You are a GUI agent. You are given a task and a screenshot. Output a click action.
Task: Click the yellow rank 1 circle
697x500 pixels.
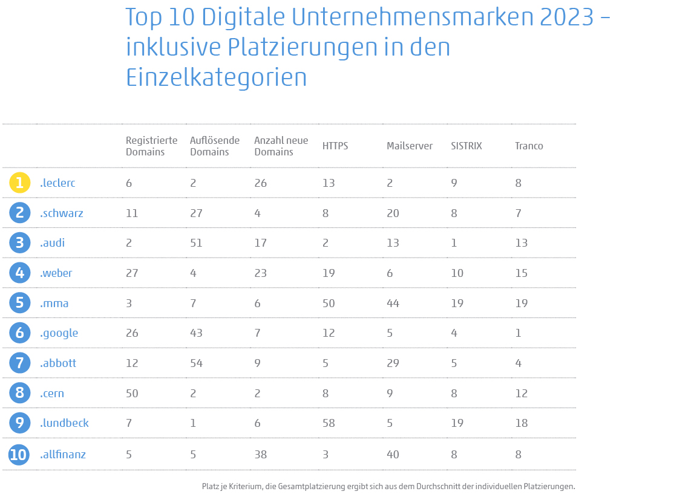tap(19, 183)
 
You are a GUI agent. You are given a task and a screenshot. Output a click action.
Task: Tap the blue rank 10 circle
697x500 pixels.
tap(19, 454)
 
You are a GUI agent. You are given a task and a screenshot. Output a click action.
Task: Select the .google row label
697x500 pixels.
tap(59, 333)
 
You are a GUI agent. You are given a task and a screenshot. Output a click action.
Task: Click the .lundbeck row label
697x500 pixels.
tap(64, 423)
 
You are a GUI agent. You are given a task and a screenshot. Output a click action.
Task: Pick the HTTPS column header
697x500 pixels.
tap(335, 146)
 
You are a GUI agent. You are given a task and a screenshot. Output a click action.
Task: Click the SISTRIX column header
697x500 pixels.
tap(466, 146)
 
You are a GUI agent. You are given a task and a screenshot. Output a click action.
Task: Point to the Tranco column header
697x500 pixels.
tap(529, 146)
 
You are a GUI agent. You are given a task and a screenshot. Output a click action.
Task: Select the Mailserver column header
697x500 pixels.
tap(409, 146)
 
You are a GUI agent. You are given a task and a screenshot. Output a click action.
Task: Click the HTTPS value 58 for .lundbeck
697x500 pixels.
tap(329, 423)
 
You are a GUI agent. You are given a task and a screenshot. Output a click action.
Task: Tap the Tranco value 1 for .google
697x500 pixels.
tap(518, 333)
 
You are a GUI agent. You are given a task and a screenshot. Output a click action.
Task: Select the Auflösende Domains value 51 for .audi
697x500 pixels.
tap(196, 243)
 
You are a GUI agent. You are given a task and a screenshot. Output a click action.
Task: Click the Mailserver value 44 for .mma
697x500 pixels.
tap(393, 303)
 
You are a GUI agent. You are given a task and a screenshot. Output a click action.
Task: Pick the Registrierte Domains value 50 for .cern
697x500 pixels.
tap(132, 394)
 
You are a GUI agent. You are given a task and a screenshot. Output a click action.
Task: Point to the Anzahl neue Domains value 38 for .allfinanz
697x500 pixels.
tap(260, 454)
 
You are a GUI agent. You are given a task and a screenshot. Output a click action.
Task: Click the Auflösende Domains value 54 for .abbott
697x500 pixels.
tap(196, 363)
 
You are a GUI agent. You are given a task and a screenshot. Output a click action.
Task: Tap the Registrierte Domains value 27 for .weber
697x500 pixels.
tap(132, 273)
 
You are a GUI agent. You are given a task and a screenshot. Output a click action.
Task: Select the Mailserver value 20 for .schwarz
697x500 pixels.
tap(393, 213)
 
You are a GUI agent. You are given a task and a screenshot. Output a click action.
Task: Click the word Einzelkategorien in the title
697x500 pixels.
tap(216, 77)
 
